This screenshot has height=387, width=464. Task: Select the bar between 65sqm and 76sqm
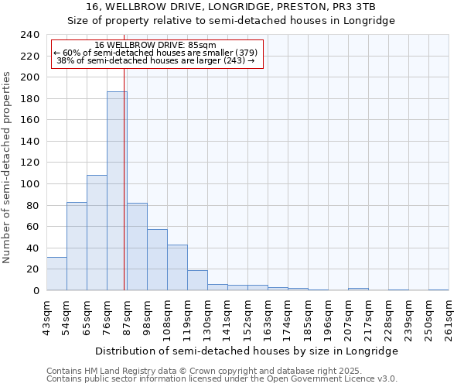coord(97,233)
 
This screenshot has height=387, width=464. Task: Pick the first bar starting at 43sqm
coord(56,274)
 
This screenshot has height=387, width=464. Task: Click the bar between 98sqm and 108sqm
coord(157,260)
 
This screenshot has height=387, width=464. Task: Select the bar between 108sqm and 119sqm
coord(177,268)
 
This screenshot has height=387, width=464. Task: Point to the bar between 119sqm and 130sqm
coord(197,280)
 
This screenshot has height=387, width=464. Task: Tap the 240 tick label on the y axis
coord(30,35)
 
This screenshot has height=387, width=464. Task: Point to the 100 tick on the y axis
coord(30,184)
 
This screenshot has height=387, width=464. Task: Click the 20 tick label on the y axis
coord(33,269)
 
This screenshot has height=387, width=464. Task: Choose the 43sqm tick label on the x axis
coord(47,317)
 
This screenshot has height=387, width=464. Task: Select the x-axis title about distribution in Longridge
coord(247,351)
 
